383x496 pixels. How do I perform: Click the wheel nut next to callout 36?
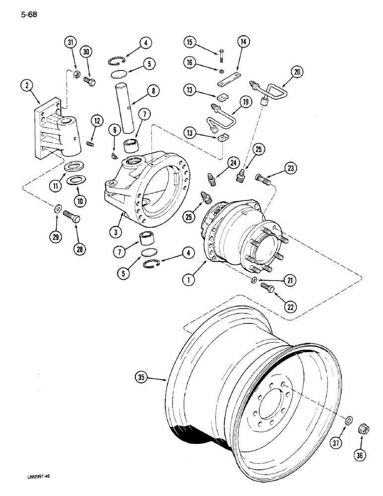click(362, 430)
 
